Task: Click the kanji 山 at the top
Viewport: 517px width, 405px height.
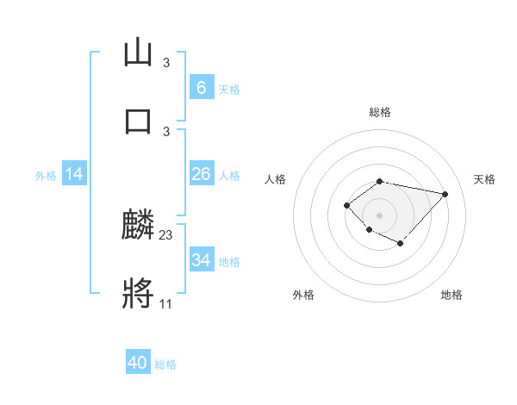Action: click(x=138, y=53)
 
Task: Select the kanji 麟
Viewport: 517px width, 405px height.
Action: click(x=138, y=227)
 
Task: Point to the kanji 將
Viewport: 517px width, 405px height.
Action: click(x=138, y=293)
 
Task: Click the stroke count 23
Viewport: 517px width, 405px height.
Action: click(x=166, y=234)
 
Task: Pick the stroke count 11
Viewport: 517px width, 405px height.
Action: click(x=165, y=303)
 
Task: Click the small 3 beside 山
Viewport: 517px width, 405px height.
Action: click(x=166, y=63)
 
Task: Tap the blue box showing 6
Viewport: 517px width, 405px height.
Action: click(x=201, y=88)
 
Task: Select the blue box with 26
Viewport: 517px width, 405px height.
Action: click(x=201, y=174)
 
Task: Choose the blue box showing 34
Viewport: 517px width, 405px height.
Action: click(x=201, y=260)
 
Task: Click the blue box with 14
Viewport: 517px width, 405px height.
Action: click(x=74, y=174)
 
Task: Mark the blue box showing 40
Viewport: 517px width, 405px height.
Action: click(x=138, y=363)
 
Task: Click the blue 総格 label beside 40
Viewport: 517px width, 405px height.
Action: click(x=165, y=364)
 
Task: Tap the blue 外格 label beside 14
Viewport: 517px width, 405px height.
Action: click(x=46, y=176)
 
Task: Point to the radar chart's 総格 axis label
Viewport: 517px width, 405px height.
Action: click(x=379, y=112)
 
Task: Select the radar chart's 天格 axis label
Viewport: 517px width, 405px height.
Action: click(x=485, y=179)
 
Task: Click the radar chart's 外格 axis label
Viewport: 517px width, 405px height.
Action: click(x=303, y=295)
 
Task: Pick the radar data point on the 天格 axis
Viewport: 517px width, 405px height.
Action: click(x=445, y=194)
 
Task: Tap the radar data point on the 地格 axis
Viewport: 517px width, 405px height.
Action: click(x=401, y=244)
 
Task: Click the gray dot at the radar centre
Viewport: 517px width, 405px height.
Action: click(x=379, y=215)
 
